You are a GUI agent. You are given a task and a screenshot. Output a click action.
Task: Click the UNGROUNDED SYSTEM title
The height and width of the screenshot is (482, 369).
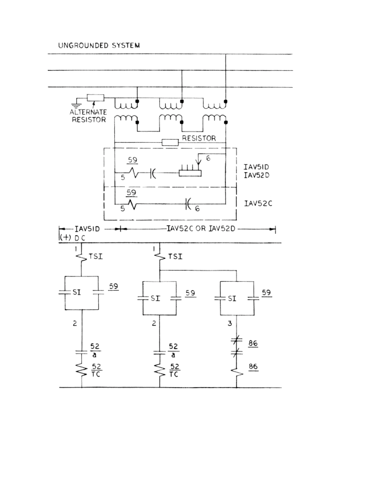pos(99,46)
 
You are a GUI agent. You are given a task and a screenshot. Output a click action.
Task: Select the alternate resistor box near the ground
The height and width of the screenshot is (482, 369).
pos(95,98)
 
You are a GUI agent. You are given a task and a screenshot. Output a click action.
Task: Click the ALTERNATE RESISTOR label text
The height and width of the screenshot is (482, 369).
pos(89,116)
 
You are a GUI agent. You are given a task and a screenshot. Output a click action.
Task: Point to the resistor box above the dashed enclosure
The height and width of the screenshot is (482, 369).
pos(170,142)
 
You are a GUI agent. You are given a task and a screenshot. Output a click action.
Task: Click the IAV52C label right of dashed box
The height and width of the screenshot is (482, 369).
pos(258,203)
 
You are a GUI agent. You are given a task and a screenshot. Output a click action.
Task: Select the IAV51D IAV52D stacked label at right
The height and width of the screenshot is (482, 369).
pos(257,171)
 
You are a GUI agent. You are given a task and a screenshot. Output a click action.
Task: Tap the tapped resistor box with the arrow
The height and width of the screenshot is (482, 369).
pos(190,173)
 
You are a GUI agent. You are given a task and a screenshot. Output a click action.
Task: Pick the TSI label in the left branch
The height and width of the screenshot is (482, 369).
pos(96,257)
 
